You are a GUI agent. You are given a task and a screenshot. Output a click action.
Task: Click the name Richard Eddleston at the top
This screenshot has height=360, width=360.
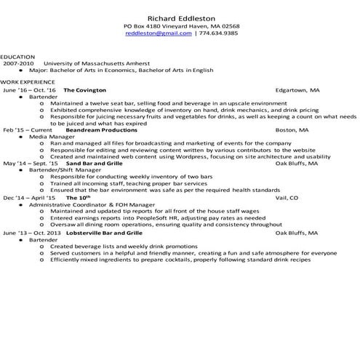(x=181, y=17)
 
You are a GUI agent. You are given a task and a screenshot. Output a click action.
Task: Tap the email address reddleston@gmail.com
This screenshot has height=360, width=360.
(x=159, y=33)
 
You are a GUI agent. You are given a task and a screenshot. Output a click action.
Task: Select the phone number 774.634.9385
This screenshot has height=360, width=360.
(x=218, y=33)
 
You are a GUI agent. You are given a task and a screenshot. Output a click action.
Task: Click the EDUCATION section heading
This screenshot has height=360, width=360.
(x=18, y=57)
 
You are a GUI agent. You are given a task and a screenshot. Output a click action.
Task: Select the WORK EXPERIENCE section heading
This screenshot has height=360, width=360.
(x=25, y=83)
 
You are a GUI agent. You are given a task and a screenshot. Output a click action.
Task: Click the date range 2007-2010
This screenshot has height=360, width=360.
(x=18, y=63)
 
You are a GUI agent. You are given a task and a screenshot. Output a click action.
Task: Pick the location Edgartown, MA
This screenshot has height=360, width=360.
(x=297, y=90)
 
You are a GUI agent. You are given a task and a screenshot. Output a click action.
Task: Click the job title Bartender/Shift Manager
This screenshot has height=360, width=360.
(x=63, y=169)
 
